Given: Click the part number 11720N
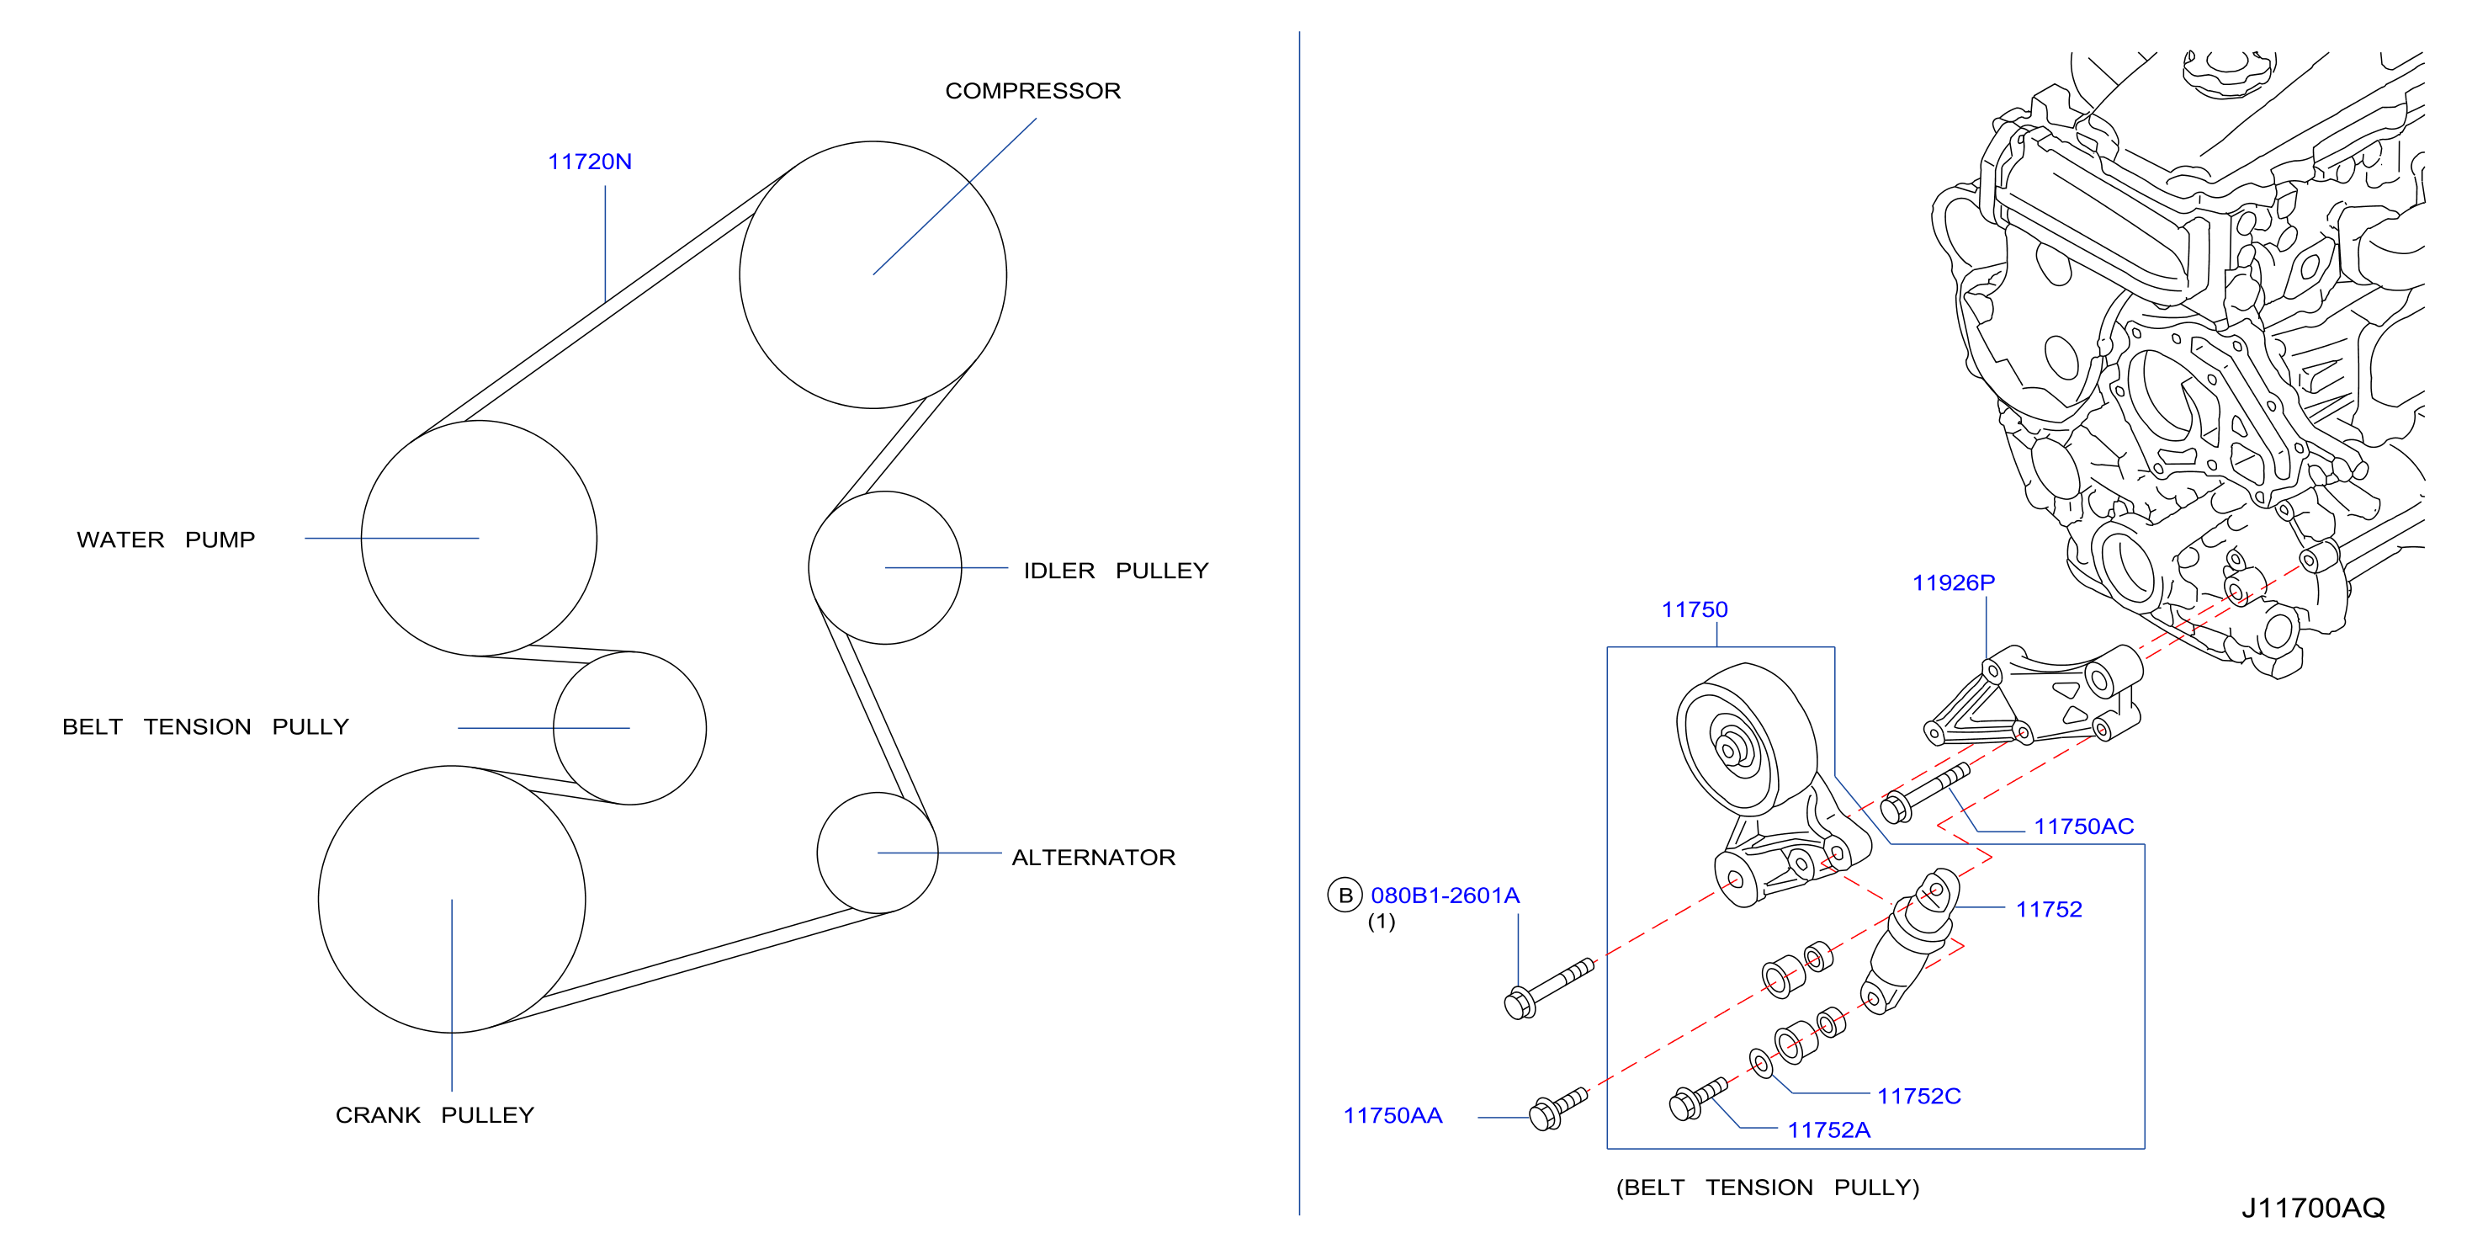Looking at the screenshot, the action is pos(589,162).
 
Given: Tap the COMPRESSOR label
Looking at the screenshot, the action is pos(1032,91).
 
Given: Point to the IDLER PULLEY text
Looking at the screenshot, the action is pos(1116,570).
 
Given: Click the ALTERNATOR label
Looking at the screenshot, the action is pos(1093,857).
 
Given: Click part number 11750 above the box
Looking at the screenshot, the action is pos(1694,609).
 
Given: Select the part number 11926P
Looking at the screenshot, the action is pos(1953,582).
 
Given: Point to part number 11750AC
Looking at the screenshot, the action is pos(2083,826).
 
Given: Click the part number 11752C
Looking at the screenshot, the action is pos(1918,1096).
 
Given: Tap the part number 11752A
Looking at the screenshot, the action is pos(1828,1129).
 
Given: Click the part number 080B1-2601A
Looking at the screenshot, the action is pos(1445,896).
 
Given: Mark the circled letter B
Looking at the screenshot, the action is pos(1345,896).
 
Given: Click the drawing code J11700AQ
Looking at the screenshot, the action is pos(2313,1208).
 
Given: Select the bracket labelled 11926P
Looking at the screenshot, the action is pos(2033,697).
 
